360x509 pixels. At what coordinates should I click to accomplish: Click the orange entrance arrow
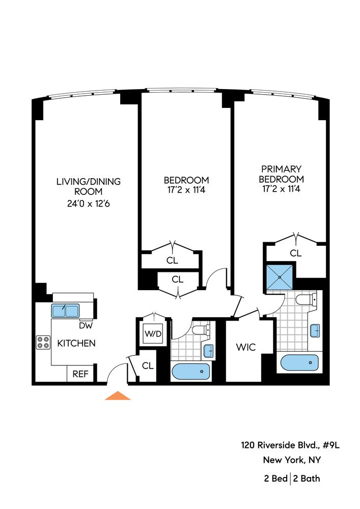[118, 395]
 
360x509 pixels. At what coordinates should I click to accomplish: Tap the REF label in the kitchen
[80, 374]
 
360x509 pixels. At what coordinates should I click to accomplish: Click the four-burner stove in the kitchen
[43, 343]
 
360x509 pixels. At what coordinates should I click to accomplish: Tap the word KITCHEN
[76, 343]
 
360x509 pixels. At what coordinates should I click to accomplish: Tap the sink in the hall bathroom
[208, 351]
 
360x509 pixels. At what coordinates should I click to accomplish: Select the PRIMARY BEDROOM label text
[281, 174]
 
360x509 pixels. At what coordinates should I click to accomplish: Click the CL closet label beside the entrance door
[148, 365]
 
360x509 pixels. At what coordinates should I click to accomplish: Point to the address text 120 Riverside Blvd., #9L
[290, 445]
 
